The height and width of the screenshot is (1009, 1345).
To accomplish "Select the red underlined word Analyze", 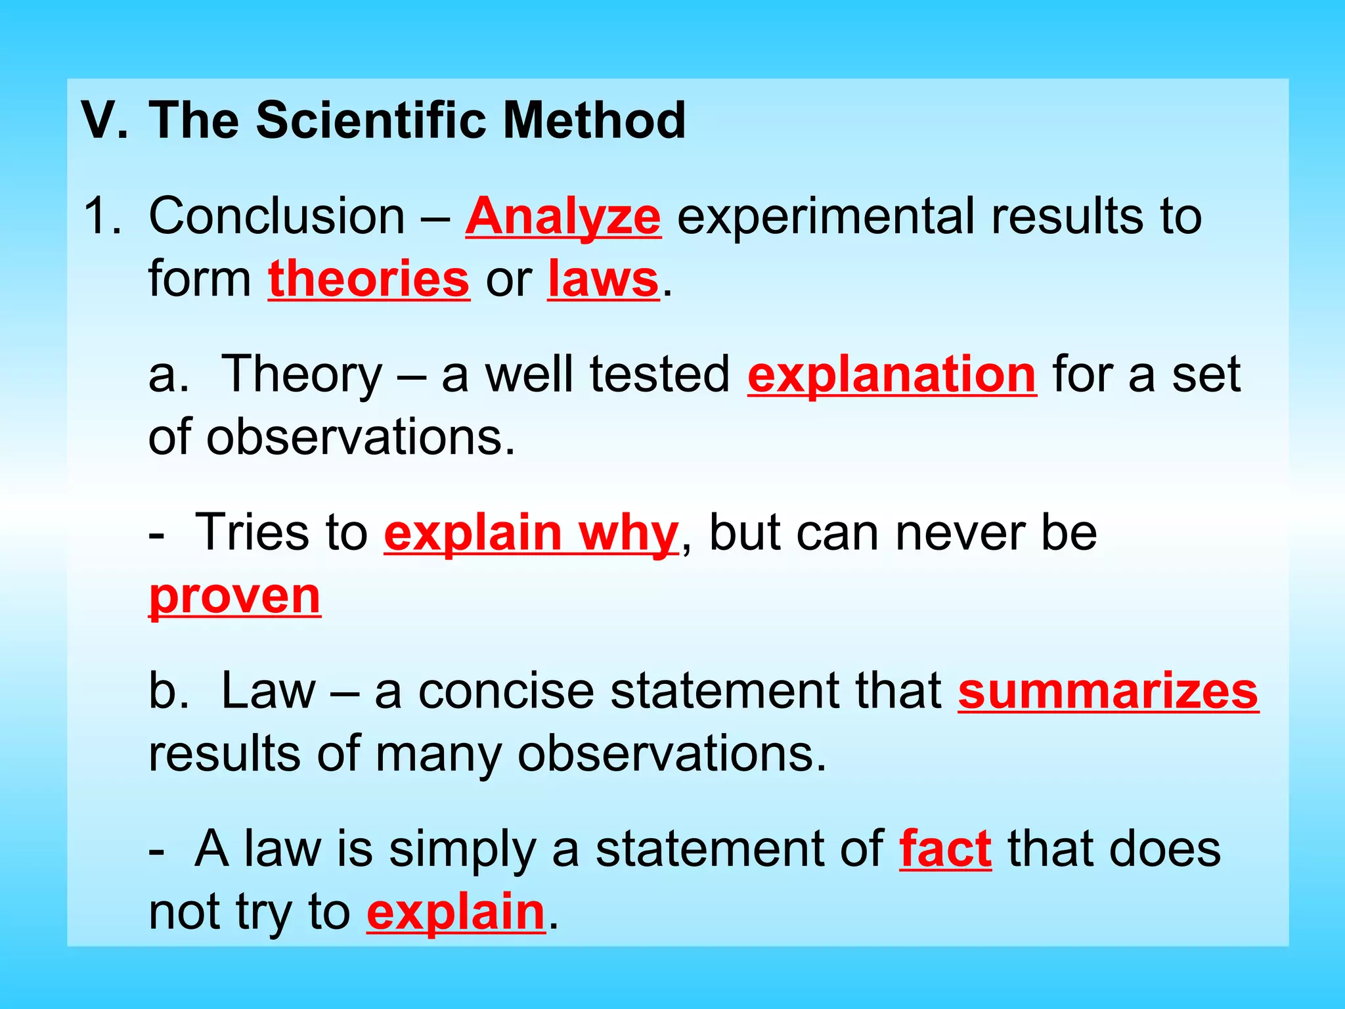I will click(563, 217).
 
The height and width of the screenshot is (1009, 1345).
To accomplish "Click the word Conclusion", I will click(276, 216).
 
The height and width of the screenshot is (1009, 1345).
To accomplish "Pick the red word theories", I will click(368, 279).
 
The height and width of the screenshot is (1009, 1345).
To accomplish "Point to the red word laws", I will click(602, 279).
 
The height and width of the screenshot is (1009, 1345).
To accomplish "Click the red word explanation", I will click(892, 375).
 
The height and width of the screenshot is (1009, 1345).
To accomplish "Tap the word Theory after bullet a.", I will click(301, 375).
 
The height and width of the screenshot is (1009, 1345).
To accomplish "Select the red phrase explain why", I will click(531, 533).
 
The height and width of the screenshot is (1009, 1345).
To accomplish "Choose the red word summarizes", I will click(1108, 691).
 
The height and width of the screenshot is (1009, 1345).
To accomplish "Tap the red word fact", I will click(945, 849).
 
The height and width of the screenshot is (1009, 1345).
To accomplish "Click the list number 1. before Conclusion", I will click(102, 216).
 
